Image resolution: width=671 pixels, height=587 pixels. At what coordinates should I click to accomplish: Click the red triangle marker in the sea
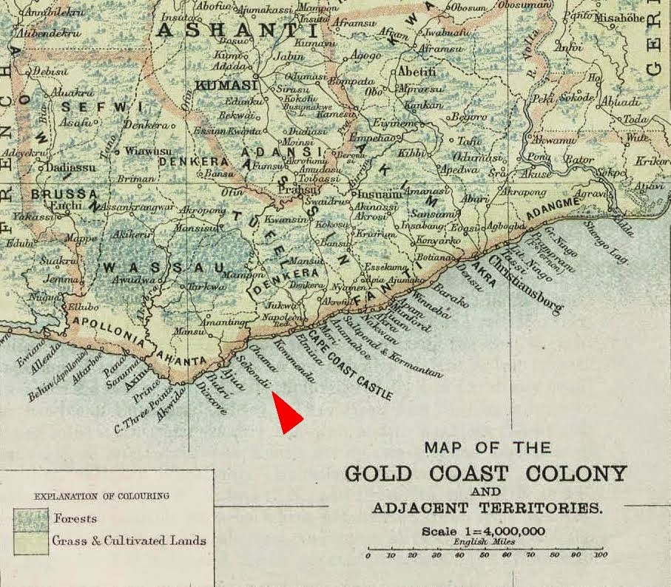[286, 411]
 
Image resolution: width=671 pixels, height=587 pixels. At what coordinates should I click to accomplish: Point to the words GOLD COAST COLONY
[485, 473]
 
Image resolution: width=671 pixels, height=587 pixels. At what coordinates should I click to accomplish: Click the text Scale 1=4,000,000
[485, 531]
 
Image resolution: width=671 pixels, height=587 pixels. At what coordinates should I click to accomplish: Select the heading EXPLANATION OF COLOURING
[102, 495]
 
